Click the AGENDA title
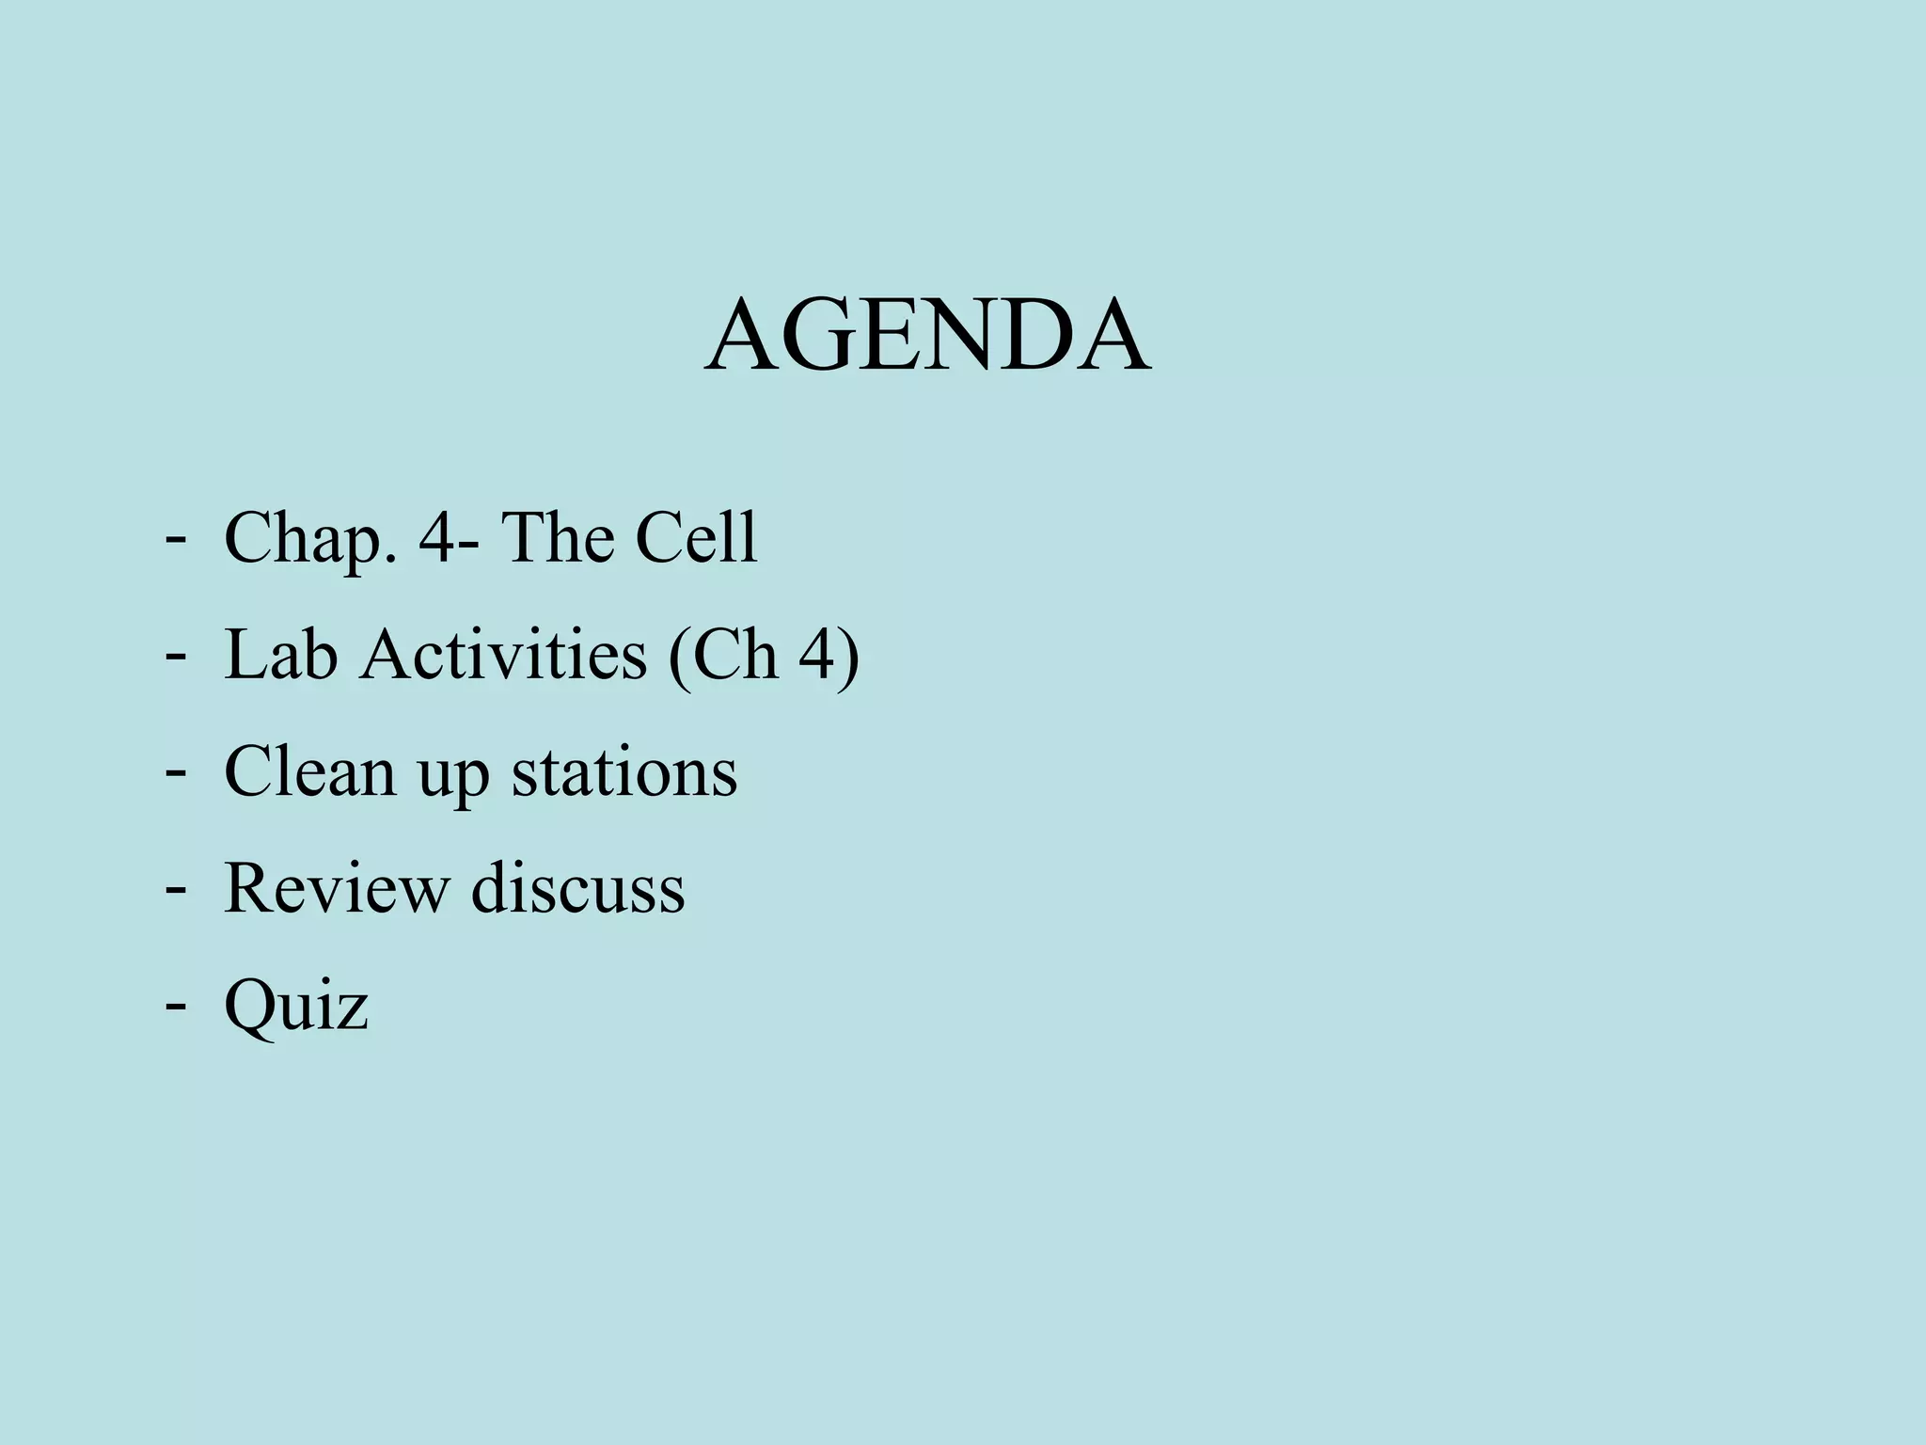point(927,336)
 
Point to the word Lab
point(280,655)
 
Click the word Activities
point(503,655)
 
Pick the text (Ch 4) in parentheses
point(764,657)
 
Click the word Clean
point(310,771)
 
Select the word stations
point(624,771)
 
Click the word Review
point(337,888)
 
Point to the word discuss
point(577,888)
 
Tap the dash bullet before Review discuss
point(174,886)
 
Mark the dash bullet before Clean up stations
point(174,770)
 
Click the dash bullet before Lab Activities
point(174,653)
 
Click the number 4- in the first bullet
point(446,538)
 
